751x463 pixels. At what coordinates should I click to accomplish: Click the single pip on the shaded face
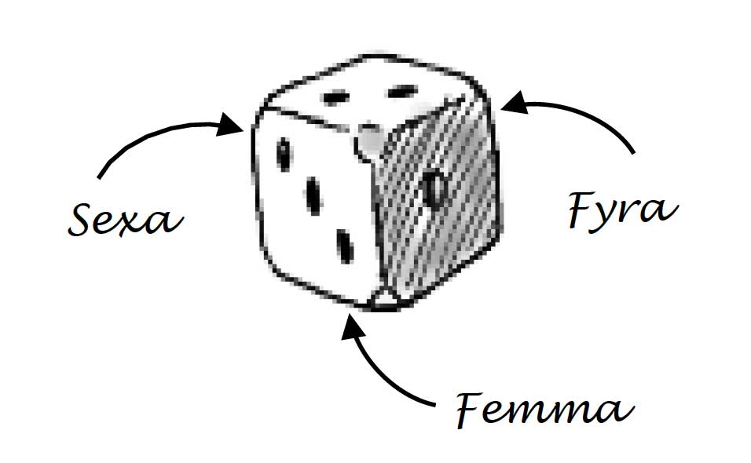[x=433, y=187]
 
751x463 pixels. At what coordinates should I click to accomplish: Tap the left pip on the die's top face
[x=338, y=98]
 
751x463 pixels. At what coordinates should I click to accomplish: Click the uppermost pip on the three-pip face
[x=283, y=153]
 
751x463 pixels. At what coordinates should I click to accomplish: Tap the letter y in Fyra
[x=610, y=217]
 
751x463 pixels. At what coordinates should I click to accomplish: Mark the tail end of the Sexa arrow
[x=98, y=177]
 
